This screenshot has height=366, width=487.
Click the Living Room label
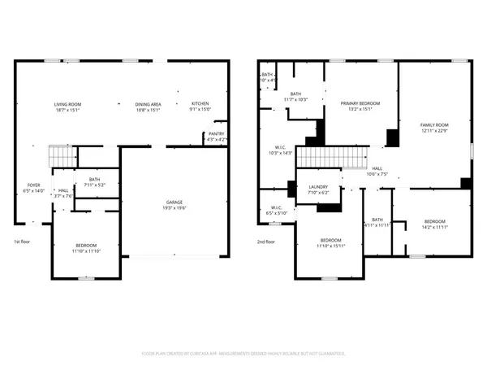tap(68, 104)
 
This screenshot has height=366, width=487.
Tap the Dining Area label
tap(148, 104)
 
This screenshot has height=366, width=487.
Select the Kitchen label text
tap(200, 104)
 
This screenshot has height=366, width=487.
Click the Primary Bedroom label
tap(360, 104)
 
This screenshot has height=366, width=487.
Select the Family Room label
tap(434, 124)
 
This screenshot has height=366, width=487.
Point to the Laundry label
tap(318, 187)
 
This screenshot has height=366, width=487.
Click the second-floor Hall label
tap(377, 168)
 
